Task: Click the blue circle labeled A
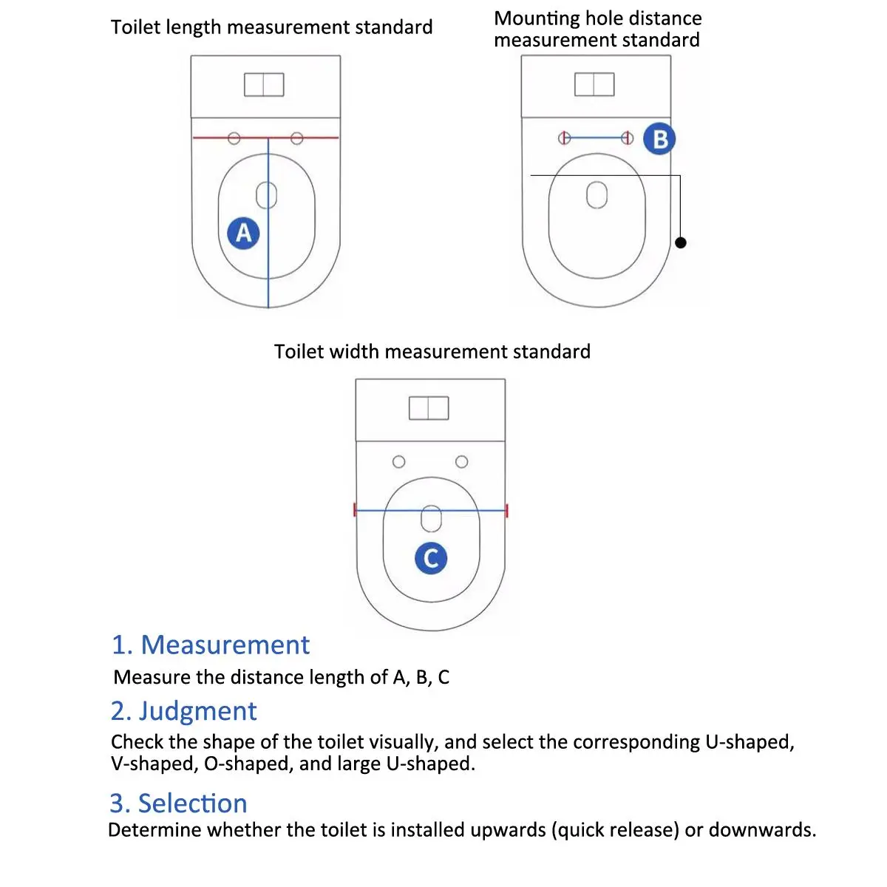point(243,234)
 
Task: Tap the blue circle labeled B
point(659,139)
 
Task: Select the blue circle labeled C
point(431,558)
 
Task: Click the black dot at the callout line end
point(681,242)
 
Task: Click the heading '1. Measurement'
point(211,645)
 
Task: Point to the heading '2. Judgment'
point(183,711)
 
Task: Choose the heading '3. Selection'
point(178,803)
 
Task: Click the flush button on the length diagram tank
point(264,85)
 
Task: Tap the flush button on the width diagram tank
point(429,408)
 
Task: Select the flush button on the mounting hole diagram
point(594,85)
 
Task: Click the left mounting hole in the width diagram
point(399,462)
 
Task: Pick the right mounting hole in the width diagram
point(461,462)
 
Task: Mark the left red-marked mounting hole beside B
point(564,137)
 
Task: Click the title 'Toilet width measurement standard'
point(432,352)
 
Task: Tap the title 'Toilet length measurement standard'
point(271,27)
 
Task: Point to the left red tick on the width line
point(355,510)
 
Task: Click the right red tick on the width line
point(506,510)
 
